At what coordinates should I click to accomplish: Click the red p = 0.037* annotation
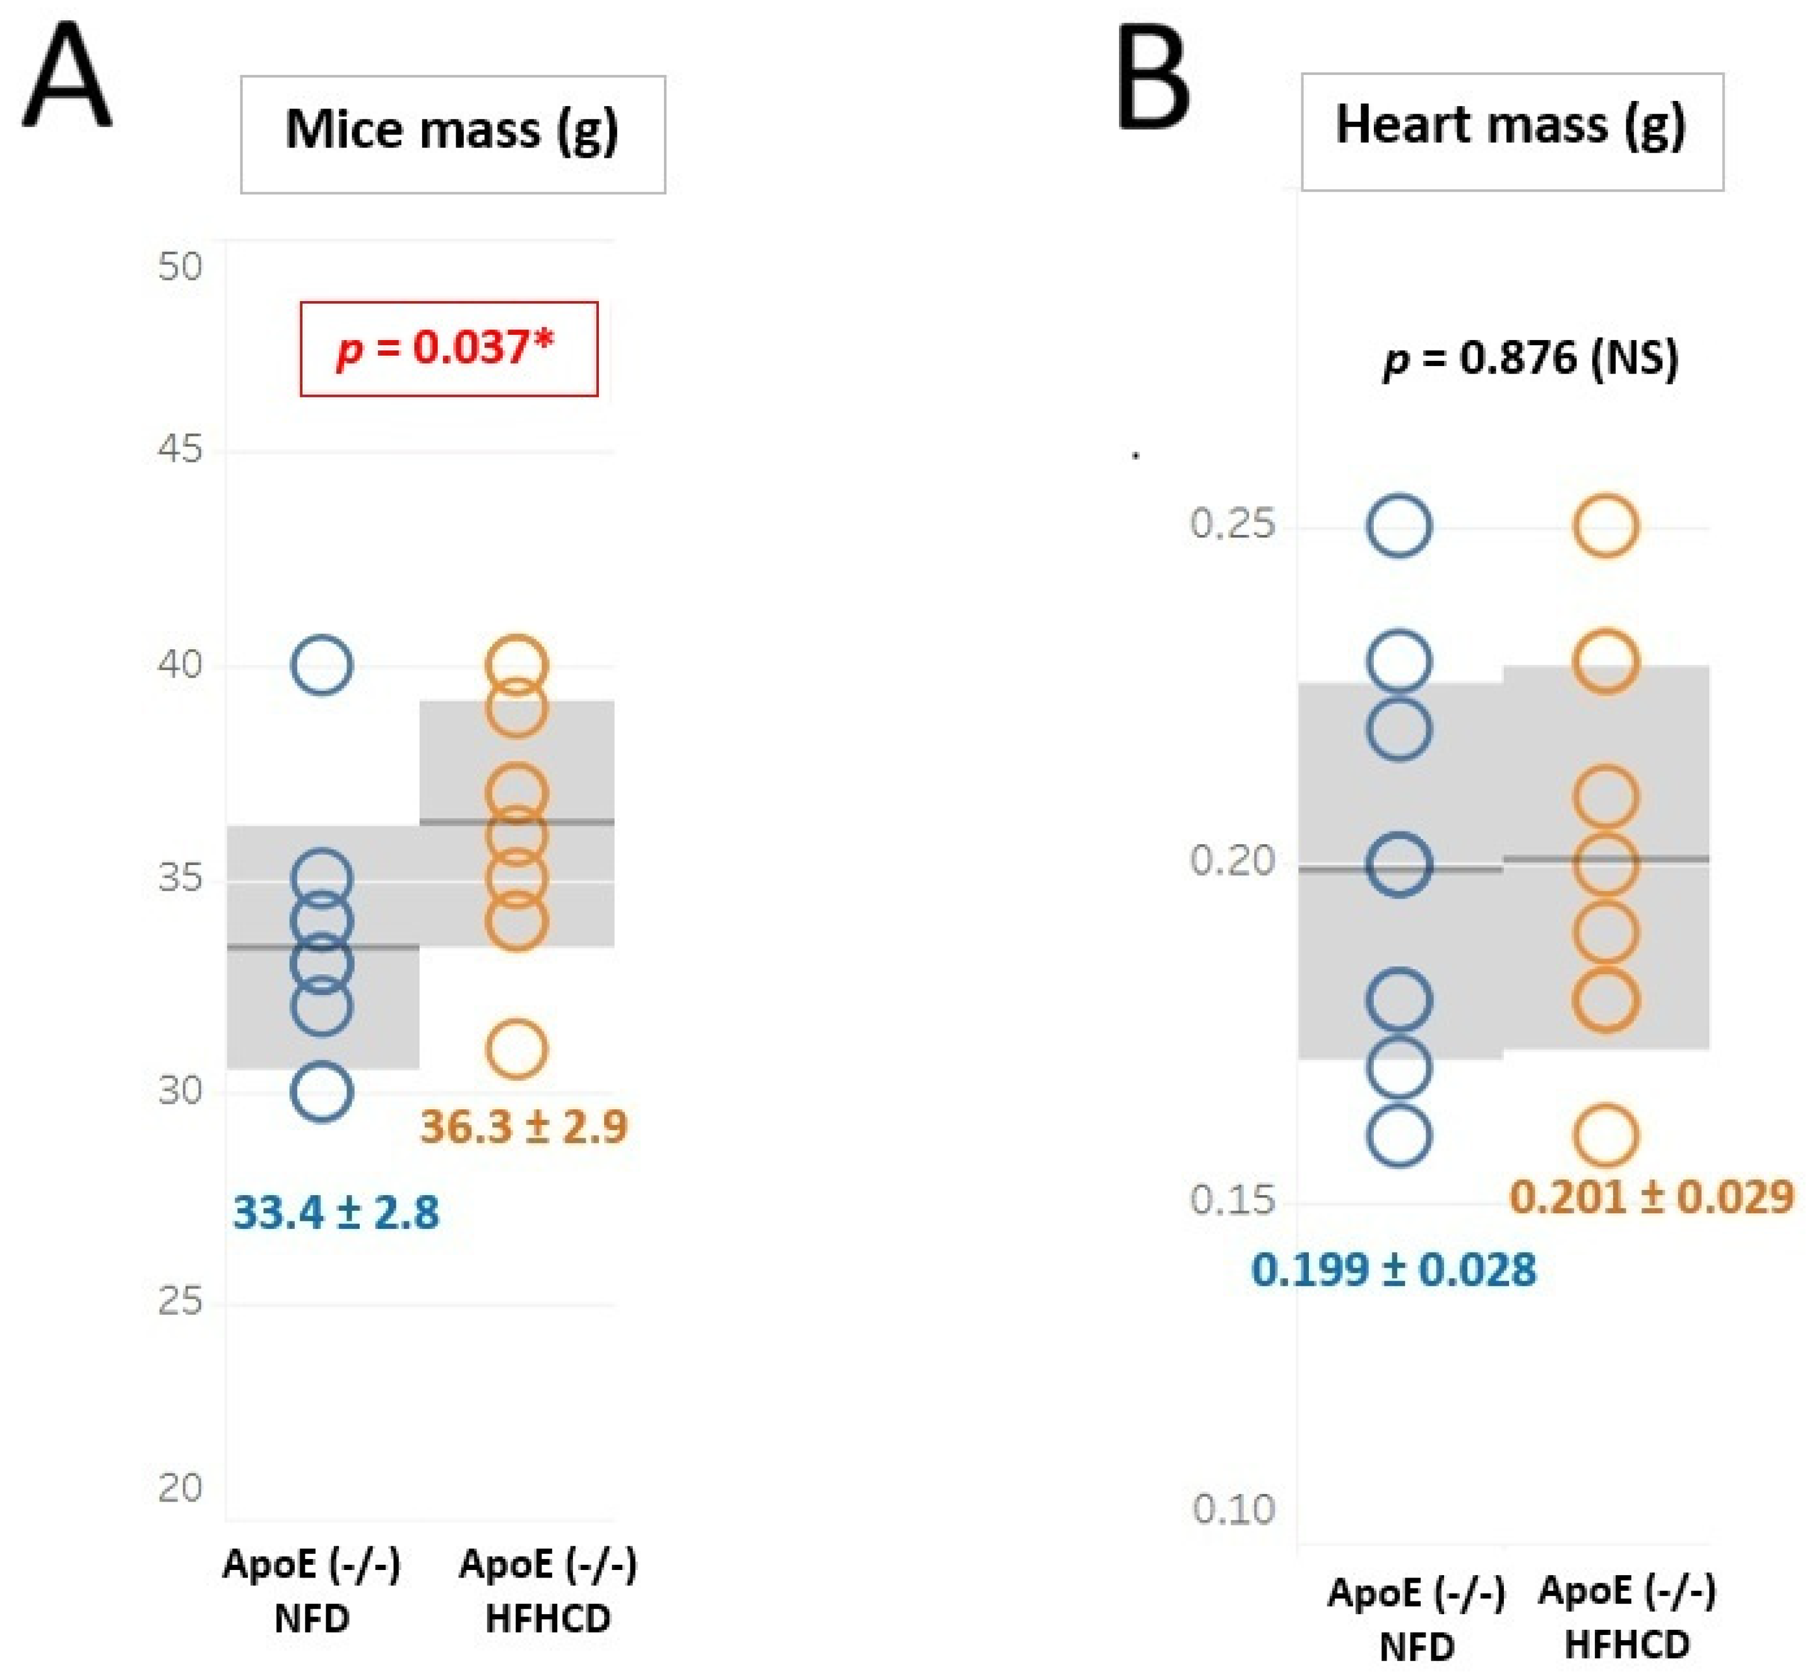click(449, 348)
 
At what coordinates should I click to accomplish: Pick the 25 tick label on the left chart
click(179, 1301)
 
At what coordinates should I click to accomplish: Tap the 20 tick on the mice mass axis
click(179, 1488)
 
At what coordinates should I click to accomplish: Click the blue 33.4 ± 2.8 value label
click(335, 1212)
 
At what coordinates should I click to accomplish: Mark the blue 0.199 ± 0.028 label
click(1394, 1269)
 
